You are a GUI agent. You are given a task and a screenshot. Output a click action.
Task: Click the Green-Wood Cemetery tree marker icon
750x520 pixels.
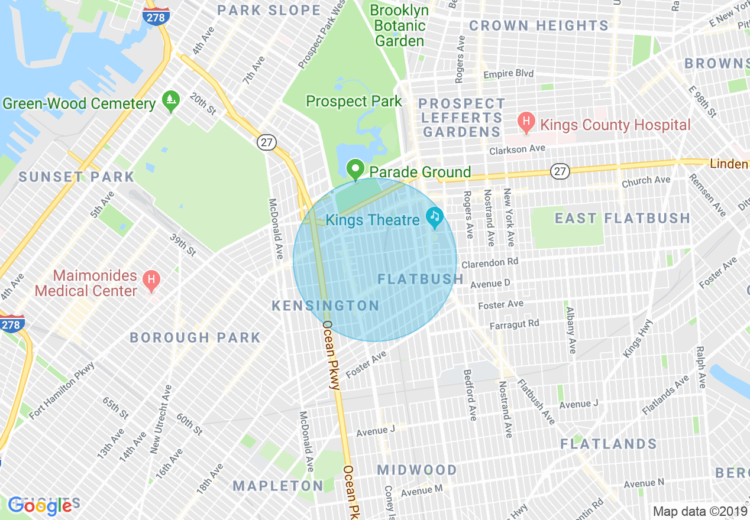[x=170, y=101]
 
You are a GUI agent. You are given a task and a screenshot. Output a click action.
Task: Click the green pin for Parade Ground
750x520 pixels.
[x=355, y=170]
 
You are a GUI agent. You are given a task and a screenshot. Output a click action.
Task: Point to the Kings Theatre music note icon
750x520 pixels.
[x=435, y=218]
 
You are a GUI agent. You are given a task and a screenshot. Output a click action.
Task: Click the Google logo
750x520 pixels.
[x=40, y=505]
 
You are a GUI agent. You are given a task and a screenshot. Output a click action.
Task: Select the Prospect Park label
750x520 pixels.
[x=354, y=102]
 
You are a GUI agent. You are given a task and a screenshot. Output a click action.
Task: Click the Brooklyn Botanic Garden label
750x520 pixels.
[x=400, y=26]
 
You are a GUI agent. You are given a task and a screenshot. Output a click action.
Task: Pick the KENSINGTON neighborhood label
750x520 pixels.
[x=325, y=305]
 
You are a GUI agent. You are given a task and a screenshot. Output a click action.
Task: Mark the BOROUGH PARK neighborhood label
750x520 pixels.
[x=195, y=337]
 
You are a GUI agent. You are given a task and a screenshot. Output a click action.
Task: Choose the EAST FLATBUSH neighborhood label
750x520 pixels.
[x=622, y=219]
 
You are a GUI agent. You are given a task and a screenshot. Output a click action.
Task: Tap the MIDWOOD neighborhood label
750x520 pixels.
[x=417, y=470]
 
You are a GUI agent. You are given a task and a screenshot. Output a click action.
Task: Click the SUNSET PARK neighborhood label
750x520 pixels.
[x=76, y=177]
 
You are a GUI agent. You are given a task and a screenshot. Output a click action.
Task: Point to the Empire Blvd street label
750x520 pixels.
[x=508, y=74]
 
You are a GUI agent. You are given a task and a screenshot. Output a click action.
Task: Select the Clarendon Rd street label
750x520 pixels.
[x=490, y=262]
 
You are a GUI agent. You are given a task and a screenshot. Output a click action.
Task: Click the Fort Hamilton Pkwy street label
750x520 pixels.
[x=62, y=390]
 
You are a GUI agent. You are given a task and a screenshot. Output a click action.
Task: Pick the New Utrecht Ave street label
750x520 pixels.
[x=161, y=419]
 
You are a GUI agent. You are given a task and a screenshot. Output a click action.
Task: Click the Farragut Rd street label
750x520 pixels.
[x=514, y=324]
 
